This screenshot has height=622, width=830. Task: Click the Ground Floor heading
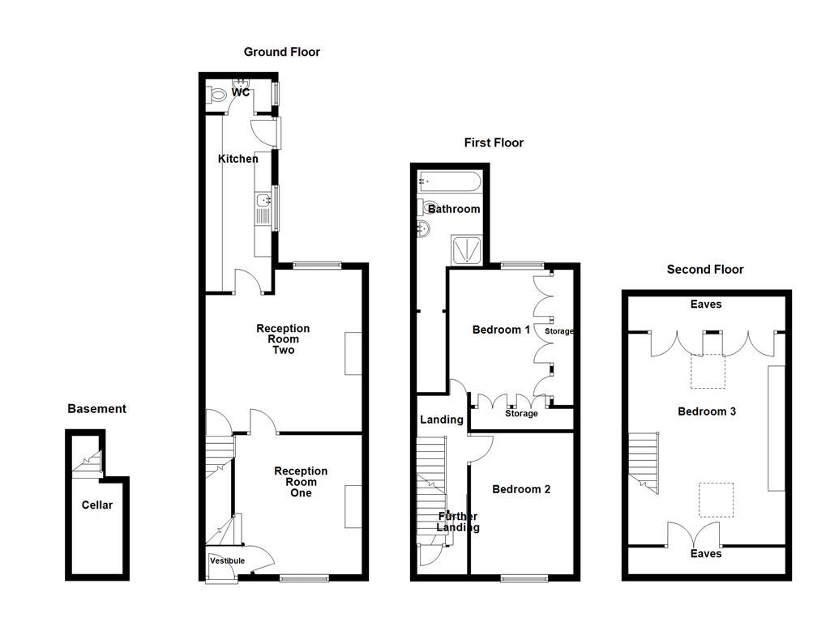(281, 52)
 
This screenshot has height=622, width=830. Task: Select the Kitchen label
(237, 159)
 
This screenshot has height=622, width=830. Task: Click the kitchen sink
(263, 200)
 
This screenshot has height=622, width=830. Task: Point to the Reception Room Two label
(282, 339)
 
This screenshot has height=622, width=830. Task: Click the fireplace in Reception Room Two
(353, 353)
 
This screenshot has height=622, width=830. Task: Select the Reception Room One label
(301, 482)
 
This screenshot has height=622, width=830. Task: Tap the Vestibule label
(227, 560)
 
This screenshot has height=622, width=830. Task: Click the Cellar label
(97, 505)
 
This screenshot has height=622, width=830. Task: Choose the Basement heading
(96, 409)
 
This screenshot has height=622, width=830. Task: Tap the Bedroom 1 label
(501, 330)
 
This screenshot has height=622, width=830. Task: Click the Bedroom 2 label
(521, 489)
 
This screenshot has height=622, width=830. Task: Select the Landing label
(441, 420)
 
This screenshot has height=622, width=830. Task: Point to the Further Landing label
(457, 522)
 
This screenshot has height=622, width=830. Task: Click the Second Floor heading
(704, 270)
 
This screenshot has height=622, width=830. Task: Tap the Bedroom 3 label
(706, 411)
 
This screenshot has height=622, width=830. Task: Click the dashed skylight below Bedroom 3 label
(716, 500)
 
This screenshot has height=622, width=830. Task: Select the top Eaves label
(705, 305)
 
